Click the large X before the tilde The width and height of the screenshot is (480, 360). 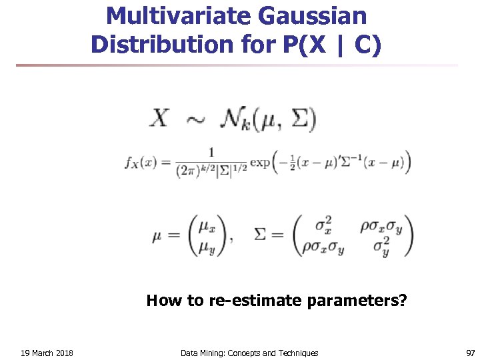pos(161,120)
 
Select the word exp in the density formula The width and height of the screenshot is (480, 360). pos(259,162)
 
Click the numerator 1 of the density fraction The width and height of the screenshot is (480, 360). pos(211,152)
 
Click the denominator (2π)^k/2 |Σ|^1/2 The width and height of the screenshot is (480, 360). pos(212,171)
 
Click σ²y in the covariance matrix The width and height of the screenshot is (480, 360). pos(381,249)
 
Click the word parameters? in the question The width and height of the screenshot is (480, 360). pos(357,301)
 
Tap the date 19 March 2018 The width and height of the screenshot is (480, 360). pos(47,353)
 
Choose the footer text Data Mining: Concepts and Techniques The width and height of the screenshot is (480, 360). pos(249,353)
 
